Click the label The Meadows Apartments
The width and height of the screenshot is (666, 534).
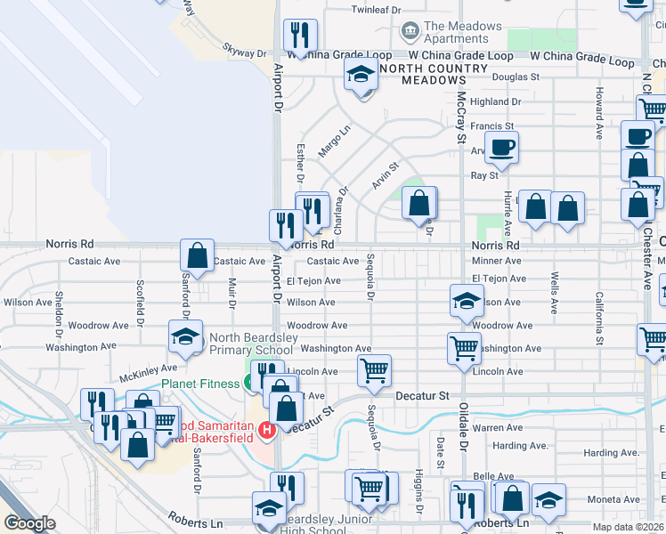pos(463,33)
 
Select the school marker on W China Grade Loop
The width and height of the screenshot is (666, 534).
pos(361,75)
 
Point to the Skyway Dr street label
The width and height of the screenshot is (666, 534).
pos(245,53)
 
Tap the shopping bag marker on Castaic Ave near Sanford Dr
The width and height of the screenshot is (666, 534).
pos(197,255)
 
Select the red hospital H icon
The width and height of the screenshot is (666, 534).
pos(265,432)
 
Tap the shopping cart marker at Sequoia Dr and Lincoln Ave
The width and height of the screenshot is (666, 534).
pos(375,369)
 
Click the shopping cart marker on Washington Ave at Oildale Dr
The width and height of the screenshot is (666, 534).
pos(464,348)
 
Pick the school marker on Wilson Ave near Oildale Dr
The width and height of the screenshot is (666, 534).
pos(467,302)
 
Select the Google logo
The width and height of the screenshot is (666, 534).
pos(30,523)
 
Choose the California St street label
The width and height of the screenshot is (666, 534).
pos(600,318)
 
